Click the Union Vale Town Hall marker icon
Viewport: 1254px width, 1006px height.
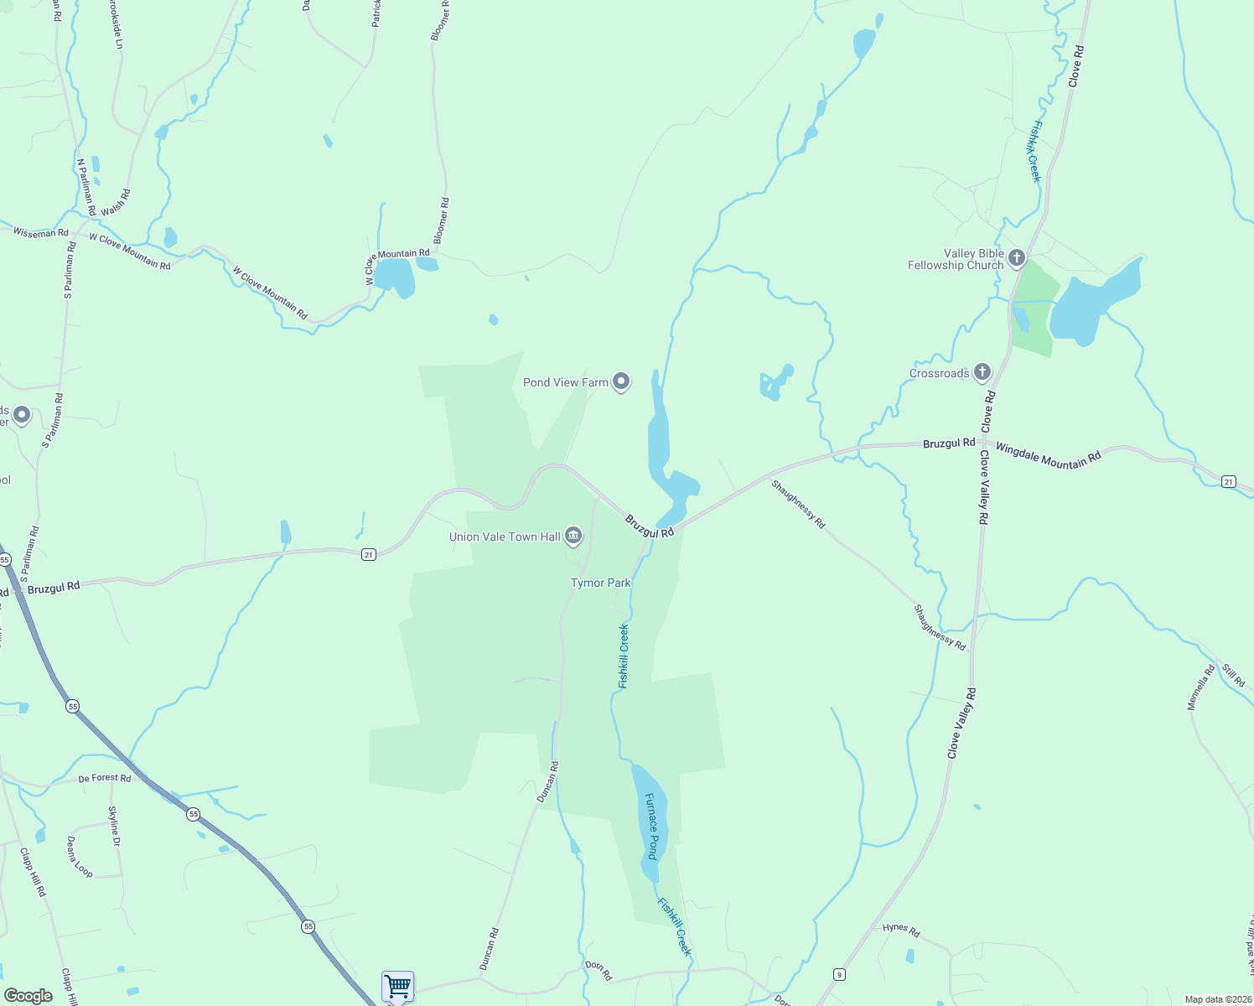pyautogui.click(x=573, y=535)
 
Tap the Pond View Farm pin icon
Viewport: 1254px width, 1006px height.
pyautogui.click(x=621, y=381)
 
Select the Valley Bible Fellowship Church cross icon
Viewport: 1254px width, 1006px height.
pyautogui.click(x=1017, y=257)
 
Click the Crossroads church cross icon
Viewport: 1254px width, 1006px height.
pyautogui.click(x=982, y=371)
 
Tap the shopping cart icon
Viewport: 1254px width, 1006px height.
pyautogui.click(x=397, y=985)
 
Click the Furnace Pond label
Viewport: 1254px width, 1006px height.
pyautogui.click(x=652, y=826)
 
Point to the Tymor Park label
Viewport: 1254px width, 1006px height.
pyautogui.click(x=600, y=583)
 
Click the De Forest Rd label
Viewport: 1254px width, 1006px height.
pyautogui.click(x=105, y=778)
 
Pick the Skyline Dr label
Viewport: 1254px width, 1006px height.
pyautogui.click(x=114, y=826)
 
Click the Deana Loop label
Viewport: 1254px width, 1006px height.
pyautogui.click(x=80, y=856)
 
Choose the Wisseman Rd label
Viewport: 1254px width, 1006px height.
pyautogui.click(x=40, y=232)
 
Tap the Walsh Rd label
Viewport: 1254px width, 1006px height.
pyautogui.click(x=116, y=203)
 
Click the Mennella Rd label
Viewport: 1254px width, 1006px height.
pyautogui.click(x=1200, y=687)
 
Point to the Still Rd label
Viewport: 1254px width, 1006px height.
pyautogui.click(x=1233, y=675)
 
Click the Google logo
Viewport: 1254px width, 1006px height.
pyautogui.click(x=28, y=996)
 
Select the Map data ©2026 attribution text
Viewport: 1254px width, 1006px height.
pyautogui.click(x=1216, y=999)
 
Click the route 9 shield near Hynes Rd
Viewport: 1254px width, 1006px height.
pyautogui.click(x=838, y=973)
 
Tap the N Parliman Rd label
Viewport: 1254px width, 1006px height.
pyautogui.click(x=86, y=187)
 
